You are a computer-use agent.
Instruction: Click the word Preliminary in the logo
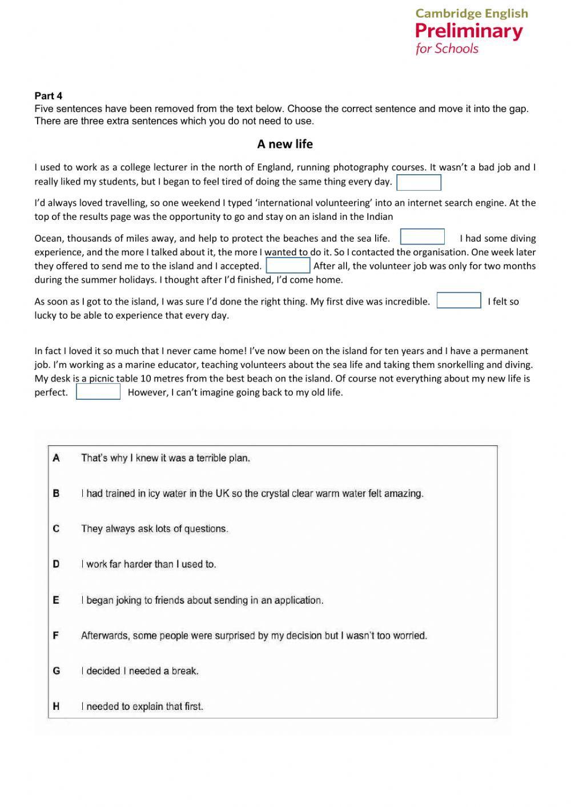coord(469,31)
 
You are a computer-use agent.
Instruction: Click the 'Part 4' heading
coord(49,96)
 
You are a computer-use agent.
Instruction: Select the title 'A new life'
coord(285,144)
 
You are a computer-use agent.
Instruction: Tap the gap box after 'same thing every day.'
coord(419,183)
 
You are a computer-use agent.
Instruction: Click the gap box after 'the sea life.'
coord(423,237)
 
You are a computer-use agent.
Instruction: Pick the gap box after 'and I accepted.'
coord(288,266)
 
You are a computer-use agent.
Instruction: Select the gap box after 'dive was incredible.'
coord(459,301)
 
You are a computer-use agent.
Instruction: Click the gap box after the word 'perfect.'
coord(98,392)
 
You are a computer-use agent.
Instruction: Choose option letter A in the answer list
coord(56,458)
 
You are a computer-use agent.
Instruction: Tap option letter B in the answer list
coord(56,493)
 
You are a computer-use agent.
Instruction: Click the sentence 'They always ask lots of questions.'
coord(155,529)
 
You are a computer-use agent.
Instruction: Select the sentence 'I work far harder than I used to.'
coord(148,564)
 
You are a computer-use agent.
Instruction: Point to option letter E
coord(56,600)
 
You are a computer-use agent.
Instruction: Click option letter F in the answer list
coord(56,636)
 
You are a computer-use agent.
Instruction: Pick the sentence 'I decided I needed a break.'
coord(140,671)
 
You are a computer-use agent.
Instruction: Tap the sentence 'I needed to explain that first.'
coord(142,706)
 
